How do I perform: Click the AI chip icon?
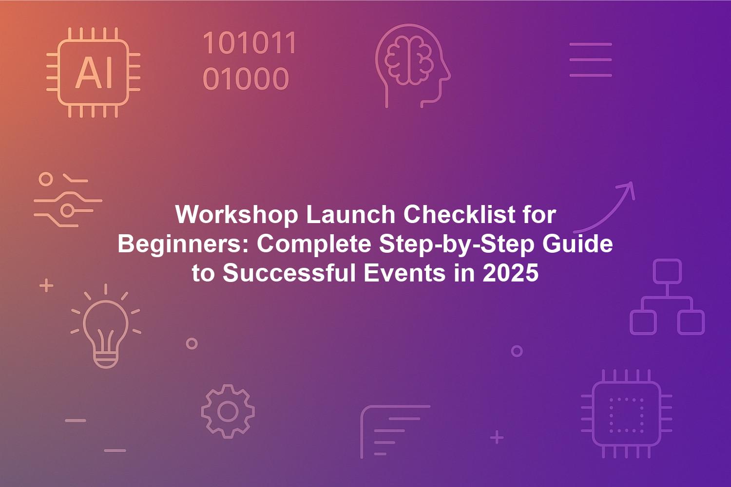94,73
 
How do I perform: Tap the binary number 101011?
250,43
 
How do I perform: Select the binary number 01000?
246,78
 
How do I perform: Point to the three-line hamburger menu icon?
590,60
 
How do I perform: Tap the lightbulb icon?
106,326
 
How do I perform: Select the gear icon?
228,412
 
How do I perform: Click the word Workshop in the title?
236,215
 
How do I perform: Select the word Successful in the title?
289,273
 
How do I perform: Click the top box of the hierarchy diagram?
667,271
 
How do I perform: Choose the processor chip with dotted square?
627,414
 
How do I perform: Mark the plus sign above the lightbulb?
46,285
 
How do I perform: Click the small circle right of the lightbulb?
192,343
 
